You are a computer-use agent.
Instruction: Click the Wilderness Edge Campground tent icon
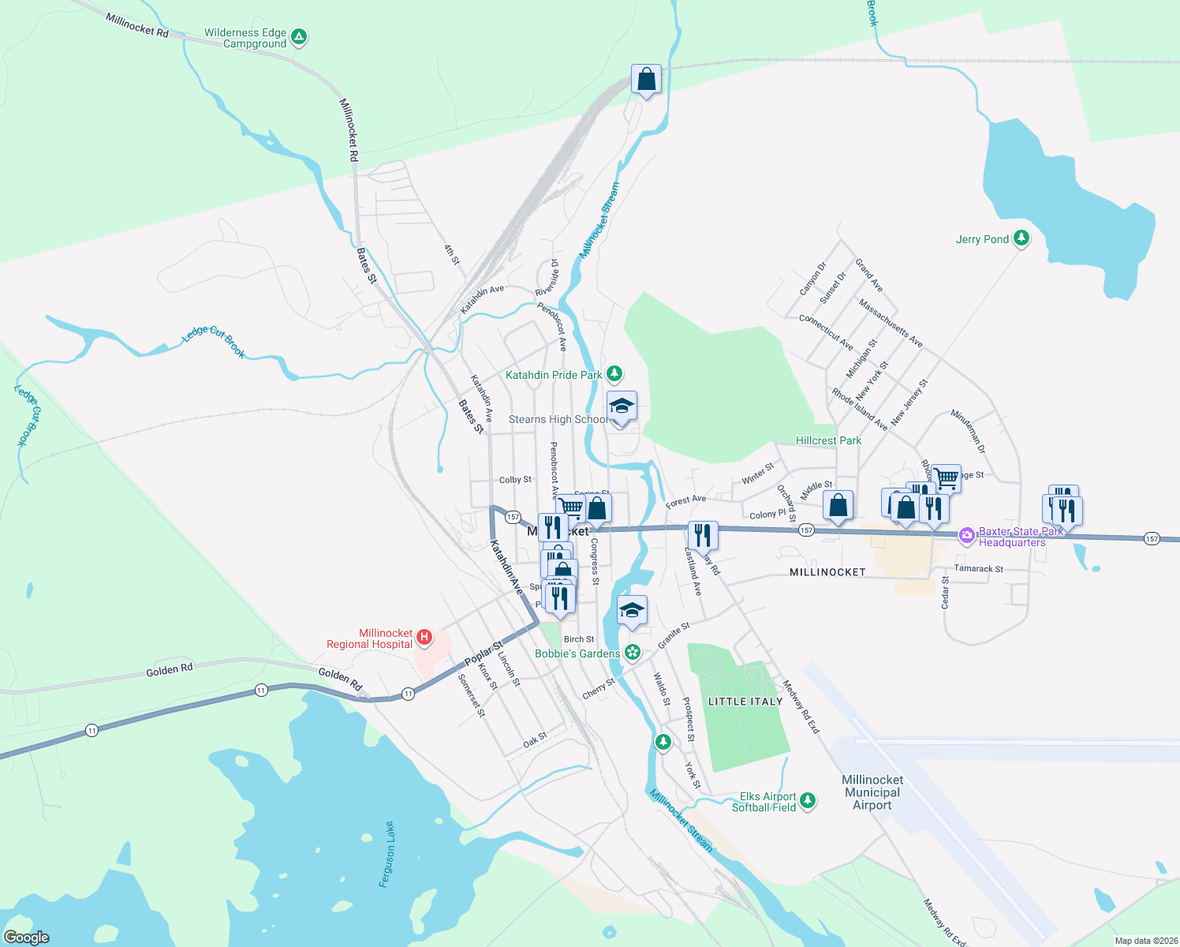[x=298, y=36]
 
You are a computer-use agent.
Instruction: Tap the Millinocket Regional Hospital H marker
[x=424, y=637]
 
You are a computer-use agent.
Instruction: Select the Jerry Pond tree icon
[x=1021, y=238]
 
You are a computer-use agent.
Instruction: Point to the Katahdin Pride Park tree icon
[x=615, y=374]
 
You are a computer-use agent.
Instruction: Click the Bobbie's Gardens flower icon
[x=632, y=653]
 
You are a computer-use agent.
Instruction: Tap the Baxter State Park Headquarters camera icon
[x=966, y=536]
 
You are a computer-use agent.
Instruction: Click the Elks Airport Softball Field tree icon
[x=807, y=801]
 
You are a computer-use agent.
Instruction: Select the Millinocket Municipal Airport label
[x=872, y=792]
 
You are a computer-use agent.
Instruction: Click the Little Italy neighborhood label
[x=745, y=702]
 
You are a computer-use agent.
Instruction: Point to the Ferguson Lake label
[x=386, y=855]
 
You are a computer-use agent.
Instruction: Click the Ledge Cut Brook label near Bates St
[x=214, y=341]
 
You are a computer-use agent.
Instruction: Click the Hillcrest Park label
[x=828, y=440]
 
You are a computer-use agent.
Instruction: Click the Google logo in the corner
[x=26, y=937]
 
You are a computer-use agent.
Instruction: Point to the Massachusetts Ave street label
[x=891, y=323]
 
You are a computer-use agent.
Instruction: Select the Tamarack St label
[x=979, y=568]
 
